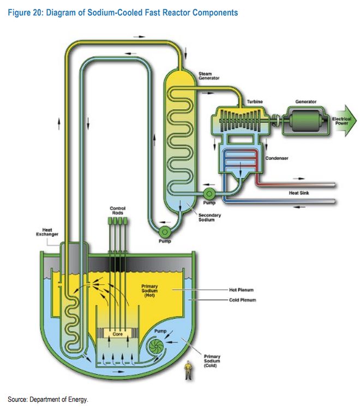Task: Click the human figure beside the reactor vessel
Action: (x=188, y=370)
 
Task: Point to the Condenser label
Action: (x=277, y=158)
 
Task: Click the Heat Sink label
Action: (x=299, y=193)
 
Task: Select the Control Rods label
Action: (x=117, y=210)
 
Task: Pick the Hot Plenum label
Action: (x=243, y=289)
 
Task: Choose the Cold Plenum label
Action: (x=243, y=300)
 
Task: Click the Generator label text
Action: (x=306, y=102)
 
